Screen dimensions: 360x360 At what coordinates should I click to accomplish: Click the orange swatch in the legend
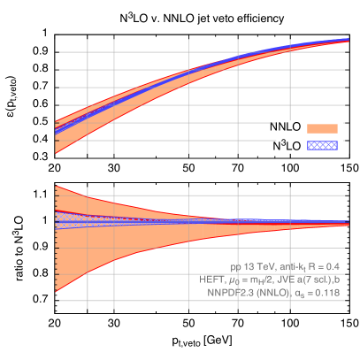[x=322, y=128]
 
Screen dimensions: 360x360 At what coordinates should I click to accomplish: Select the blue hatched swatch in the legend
[x=322, y=144]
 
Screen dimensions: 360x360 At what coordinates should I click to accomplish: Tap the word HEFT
[x=211, y=279]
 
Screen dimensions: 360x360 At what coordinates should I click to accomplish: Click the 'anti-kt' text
[x=288, y=266]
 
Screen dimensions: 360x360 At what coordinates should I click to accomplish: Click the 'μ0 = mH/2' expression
[x=251, y=279]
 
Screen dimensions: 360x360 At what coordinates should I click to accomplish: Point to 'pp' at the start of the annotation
[x=235, y=266]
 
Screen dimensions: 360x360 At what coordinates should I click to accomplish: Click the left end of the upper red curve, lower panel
[x=56, y=186]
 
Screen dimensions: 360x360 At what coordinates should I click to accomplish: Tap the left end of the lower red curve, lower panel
[x=56, y=301]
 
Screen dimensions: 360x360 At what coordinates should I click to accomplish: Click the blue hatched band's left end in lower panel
[x=56, y=219]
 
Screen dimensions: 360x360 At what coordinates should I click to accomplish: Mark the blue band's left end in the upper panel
[x=56, y=132]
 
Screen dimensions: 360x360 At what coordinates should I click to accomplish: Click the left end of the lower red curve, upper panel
[x=56, y=152]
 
